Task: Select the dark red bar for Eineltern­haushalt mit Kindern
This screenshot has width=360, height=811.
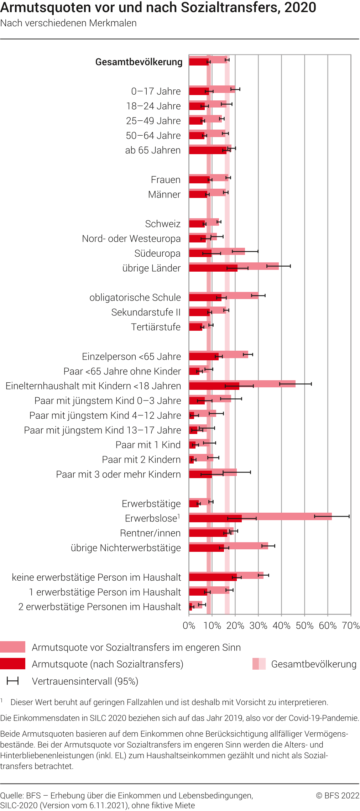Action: [214, 386]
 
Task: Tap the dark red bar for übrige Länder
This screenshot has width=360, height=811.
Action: [213, 268]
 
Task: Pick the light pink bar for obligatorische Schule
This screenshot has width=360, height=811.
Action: [242, 294]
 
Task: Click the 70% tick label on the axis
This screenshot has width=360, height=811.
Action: [351, 626]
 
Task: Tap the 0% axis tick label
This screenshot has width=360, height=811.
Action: [189, 626]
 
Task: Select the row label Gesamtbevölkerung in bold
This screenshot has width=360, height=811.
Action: [139, 62]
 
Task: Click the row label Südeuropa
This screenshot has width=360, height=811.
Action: [157, 253]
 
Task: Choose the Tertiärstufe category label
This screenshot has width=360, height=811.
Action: [156, 327]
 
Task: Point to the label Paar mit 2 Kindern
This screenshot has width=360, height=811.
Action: [141, 460]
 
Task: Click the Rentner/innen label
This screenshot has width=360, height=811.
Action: [150, 533]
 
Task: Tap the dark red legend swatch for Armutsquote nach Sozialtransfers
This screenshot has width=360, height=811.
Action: [13, 664]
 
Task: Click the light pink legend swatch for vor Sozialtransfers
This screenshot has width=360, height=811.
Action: [13, 647]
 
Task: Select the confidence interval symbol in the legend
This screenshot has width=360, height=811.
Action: [13, 681]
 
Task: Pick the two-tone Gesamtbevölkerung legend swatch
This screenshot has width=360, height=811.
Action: [259, 664]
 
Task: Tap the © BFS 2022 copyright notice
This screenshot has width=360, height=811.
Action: [338, 796]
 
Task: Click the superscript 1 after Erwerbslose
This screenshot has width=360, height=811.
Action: [179, 516]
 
